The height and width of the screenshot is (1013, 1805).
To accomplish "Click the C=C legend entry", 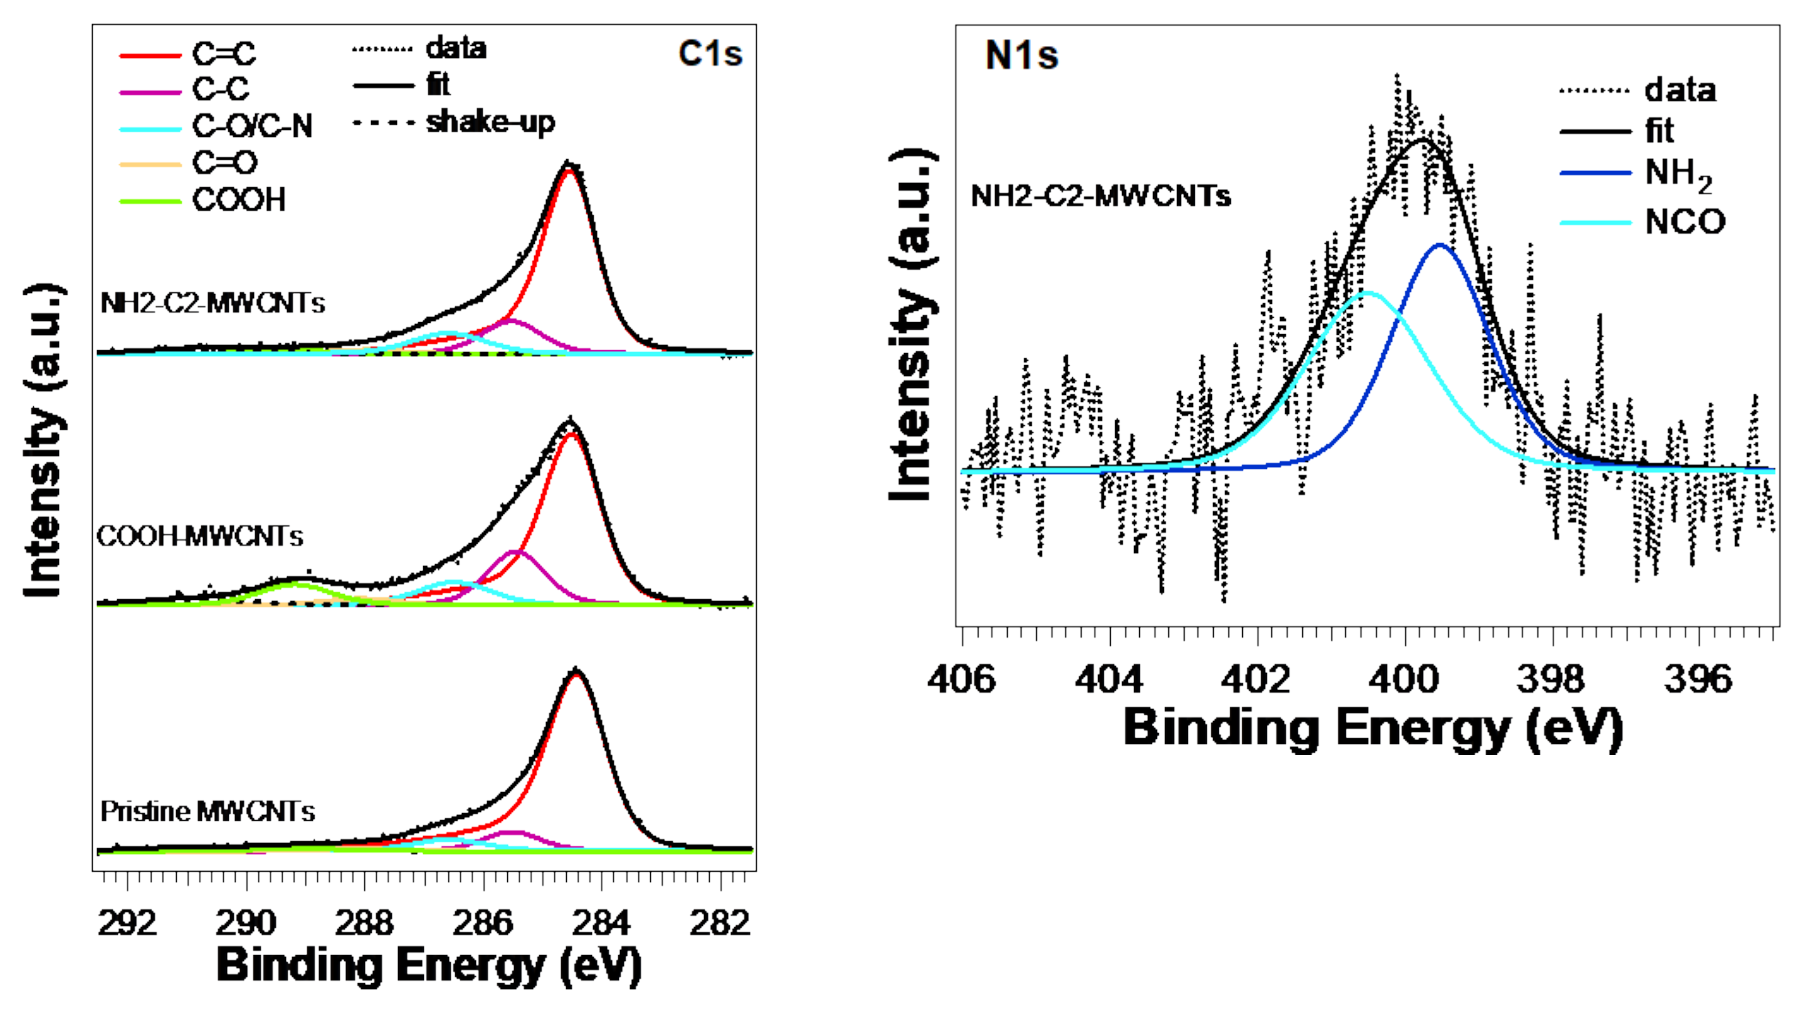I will (x=224, y=53).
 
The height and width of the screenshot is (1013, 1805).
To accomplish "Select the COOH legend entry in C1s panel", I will (x=239, y=200).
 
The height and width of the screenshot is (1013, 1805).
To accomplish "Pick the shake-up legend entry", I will (x=490, y=122).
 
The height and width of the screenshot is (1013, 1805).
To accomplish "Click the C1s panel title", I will (x=709, y=53).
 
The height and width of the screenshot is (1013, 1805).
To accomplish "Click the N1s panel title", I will (x=1021, y=55).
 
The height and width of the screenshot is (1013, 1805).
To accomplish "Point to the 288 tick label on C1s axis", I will (x=364, y=923).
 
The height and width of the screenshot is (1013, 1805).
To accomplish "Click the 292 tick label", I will (x=127, y=923).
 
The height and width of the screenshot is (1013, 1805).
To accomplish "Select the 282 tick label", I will (x=719, y=923).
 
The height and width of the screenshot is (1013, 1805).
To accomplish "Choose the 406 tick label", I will (x=961, y=679).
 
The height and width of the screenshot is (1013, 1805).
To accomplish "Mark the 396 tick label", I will (x=1698, y=679).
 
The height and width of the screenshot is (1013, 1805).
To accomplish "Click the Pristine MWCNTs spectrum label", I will (x=208, y=812).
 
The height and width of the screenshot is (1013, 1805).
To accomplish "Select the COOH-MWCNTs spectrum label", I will (x=200, y=537).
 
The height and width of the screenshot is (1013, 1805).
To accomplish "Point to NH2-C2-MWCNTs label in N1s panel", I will (x=1100, y=196).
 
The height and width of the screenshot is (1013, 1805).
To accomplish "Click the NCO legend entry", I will (x=1684, y=222).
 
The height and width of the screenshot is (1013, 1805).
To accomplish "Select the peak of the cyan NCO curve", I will (x=1369, y=293).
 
